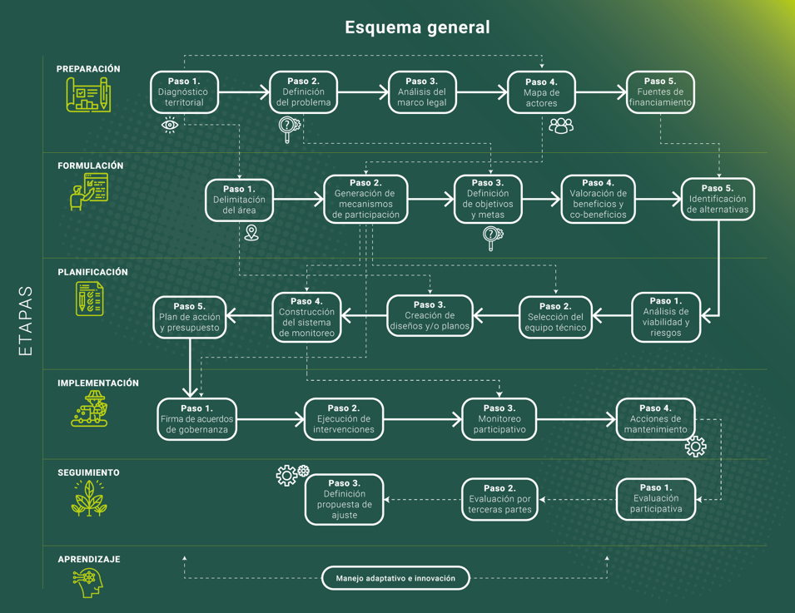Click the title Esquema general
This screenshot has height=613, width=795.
(x=417, y=27)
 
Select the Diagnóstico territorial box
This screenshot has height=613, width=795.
(x=184, y=92)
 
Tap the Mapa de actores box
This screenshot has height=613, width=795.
(x=541, y=93)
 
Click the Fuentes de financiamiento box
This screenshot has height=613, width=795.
(x=660, y=92)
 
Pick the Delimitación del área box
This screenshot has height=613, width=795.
(x=239, y=200)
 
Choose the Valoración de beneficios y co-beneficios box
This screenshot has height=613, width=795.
(x=598, y=200)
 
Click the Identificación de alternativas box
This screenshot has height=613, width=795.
(x=718, y=200)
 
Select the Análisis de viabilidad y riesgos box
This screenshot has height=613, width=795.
(x=665, y=317)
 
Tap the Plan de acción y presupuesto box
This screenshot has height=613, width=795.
(x=190, y=317)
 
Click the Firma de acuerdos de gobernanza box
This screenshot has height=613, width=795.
(x=196, y=419)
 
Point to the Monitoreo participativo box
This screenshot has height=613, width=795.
(x=499, y=419)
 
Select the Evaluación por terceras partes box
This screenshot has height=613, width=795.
(x=499, y=499)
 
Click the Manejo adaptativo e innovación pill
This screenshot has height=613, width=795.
(x=395, y=578)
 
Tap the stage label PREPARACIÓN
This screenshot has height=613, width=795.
(x=88, y=69)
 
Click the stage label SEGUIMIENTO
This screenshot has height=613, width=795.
(x=88, y=472)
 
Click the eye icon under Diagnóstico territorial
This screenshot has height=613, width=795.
(x=170, y=125)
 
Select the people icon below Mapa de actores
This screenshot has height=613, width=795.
(x=561, y=126)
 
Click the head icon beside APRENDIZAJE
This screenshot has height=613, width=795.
(x=88, y=582)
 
